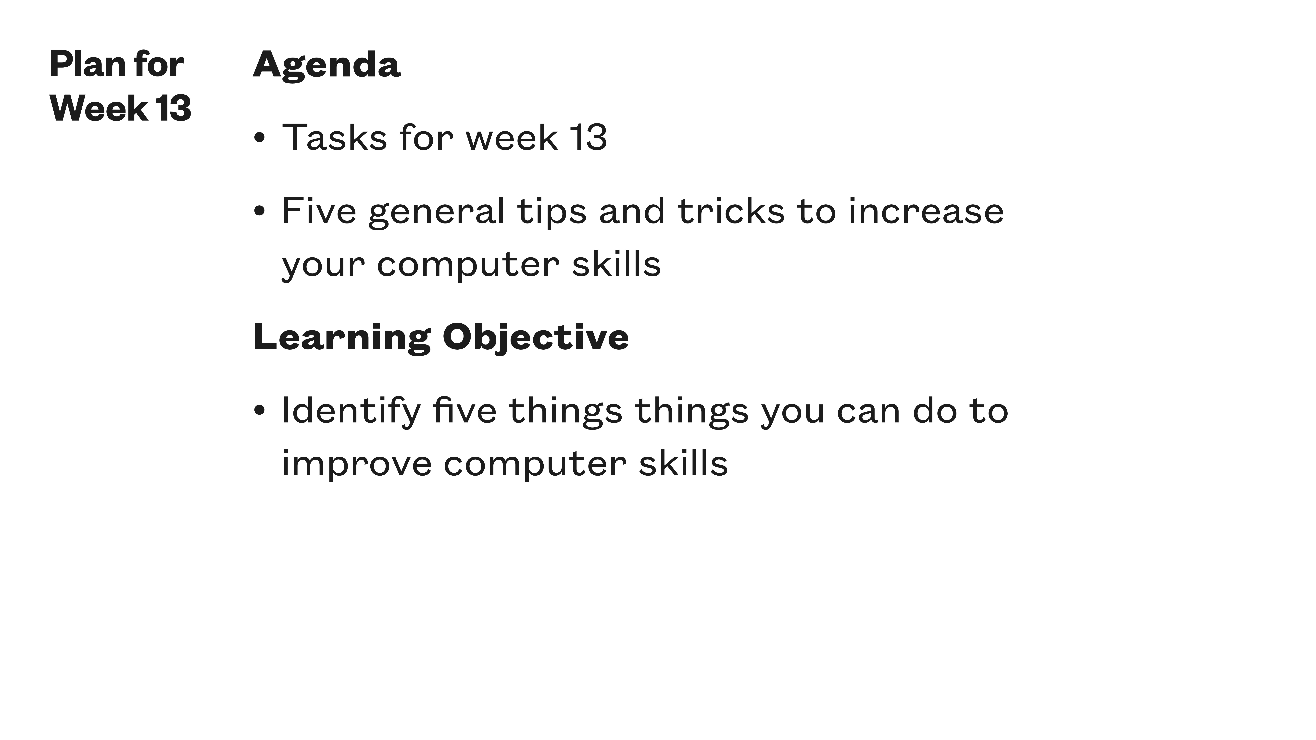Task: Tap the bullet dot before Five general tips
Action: tap(260, 211)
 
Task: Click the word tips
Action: tap(552, 211)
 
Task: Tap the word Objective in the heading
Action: tap(535, 338)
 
